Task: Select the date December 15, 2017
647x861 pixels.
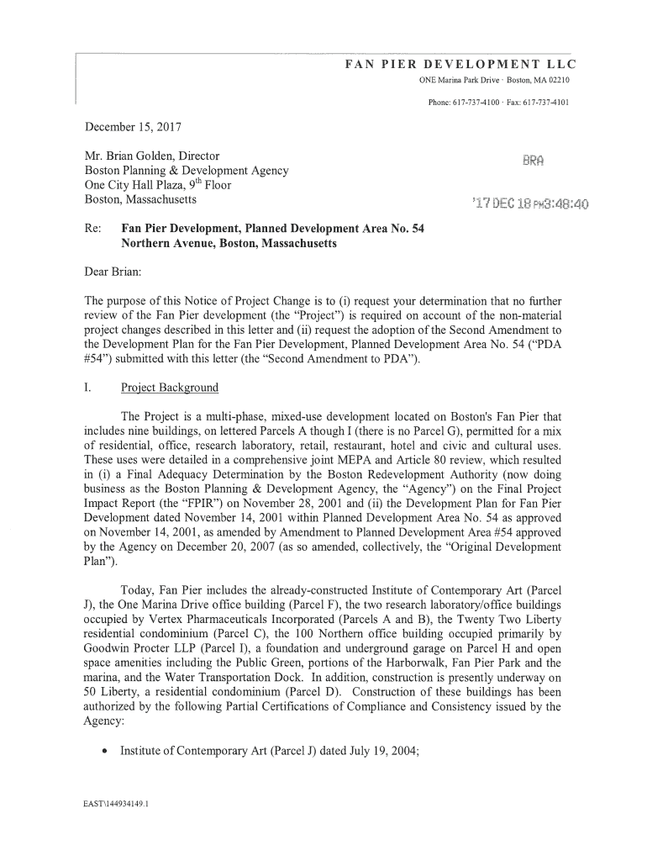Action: point(133,128)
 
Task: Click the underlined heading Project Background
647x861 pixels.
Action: point(170,388)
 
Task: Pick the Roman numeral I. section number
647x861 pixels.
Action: point(87,388)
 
